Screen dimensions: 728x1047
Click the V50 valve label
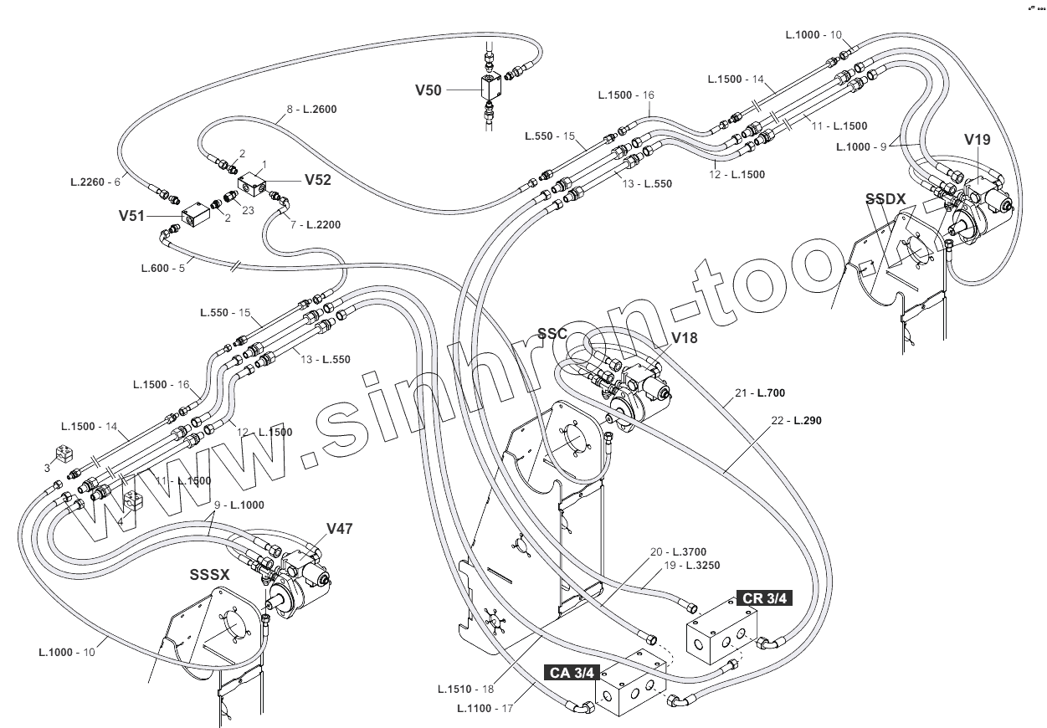[x=429, y=89]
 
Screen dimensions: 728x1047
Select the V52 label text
[x=317, y=178]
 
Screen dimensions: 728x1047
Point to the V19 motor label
[x=977, y=140]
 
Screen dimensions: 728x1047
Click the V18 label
[x=684, y=338]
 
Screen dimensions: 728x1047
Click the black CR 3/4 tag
[x=763, y=597]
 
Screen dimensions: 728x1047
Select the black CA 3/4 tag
[x=572, y=672]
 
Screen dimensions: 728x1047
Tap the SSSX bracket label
[x=209, y=575]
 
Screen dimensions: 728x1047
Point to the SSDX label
[x=885, y=198]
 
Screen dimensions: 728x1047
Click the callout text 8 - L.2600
[x=311, y=109]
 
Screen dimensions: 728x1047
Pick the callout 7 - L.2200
[x=316, y=225]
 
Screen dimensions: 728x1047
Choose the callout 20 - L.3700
[x=679, y=551]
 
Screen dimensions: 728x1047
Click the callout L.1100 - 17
[x=485, y=708]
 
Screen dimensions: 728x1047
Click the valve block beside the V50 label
[x=490, y=85]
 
